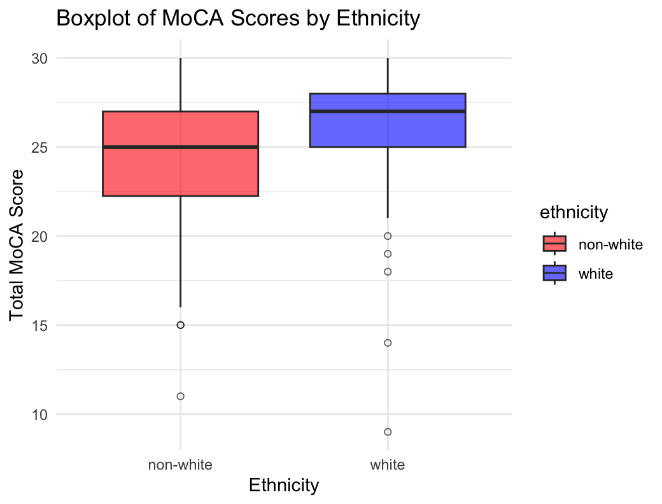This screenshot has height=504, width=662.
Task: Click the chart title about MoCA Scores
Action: click(x=238, y=18)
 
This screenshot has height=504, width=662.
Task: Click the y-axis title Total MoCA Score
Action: click(x=18, y=245)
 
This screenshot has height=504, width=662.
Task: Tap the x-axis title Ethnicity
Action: click(x=283, y=486)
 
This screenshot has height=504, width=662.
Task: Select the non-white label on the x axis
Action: click(x=180, y=465)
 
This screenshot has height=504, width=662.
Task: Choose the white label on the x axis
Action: click(x=387, y=465)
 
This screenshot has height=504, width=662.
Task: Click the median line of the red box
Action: click(x=180, y=147)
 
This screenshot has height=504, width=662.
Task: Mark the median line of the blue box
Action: click(x=387, y=111)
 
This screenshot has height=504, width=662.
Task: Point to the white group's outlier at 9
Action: click(x=387, y=432)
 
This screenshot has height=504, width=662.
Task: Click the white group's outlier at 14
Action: click(x=387, y=343)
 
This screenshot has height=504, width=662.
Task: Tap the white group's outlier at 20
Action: click(x=387, y=236)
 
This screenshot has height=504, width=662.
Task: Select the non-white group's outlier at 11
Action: click(x=180, y=396)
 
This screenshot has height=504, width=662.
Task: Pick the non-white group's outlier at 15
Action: click(x=180, y=325)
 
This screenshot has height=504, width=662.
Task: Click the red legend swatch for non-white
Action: click(x=554, y=244)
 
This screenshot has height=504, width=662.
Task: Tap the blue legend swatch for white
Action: click(x=554, y=273)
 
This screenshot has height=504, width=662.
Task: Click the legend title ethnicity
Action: click(x=574, y=213)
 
